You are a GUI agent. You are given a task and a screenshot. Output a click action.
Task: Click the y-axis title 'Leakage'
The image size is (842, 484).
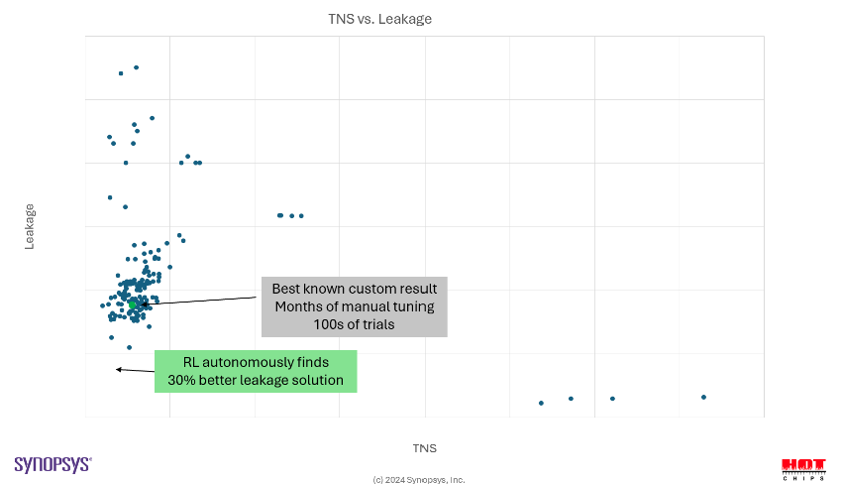[30, 226]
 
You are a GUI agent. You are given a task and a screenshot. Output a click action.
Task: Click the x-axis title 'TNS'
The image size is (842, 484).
[424, 448]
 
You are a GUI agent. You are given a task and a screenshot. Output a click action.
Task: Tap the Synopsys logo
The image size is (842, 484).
[53, 464]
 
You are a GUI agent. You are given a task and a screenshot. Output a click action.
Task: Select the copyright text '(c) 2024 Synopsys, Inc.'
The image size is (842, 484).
[419, 480]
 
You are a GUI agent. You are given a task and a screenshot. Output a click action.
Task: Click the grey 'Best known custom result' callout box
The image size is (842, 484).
[355, 306]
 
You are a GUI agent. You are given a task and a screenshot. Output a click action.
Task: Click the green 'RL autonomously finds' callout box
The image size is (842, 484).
[256, 371]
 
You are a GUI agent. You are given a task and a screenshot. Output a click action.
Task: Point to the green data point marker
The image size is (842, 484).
[133, 304]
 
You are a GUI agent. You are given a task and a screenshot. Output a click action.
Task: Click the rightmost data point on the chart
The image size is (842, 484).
[703, 397]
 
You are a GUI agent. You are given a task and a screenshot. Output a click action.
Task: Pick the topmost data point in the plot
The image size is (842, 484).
[137, 67]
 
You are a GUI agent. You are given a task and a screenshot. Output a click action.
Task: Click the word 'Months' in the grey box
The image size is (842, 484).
[299, 306]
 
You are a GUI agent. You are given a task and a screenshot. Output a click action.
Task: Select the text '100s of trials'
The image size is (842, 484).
[355, 324]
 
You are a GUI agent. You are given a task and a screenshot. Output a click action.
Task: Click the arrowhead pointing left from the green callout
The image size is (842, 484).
[119, 370]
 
